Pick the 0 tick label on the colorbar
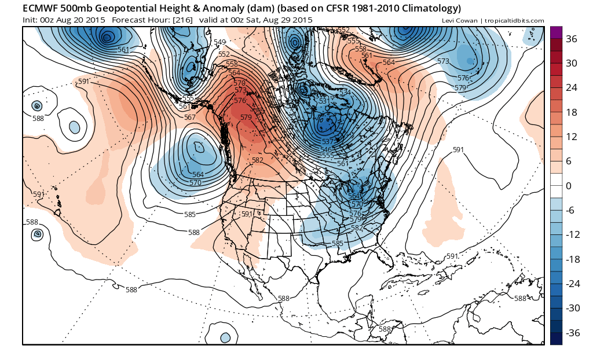pos(569,186)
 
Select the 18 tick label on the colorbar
pos(572,112)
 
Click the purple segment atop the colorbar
pos(556,32)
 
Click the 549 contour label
pos(219,42)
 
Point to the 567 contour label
pos(189,117)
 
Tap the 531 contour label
pos(324,101)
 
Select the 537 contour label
pos(327,142)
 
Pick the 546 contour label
pos(327,149)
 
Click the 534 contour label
pos(345,93)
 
